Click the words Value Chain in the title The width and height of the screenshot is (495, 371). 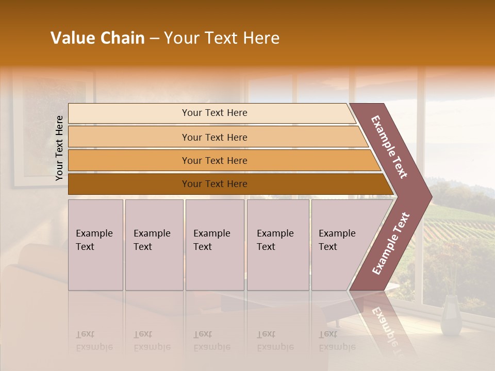[97, 38]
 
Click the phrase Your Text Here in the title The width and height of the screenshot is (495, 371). [222, 38]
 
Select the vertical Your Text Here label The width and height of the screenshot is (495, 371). [59, 148]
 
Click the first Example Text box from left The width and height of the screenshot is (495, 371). [95, 245]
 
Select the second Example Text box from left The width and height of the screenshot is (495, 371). [154, 245]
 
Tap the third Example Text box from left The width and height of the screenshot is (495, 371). [214, 245]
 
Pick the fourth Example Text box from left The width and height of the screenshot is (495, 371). [278, 245]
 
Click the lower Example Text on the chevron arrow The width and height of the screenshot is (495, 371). [391, 244]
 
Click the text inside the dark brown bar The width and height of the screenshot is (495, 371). [214, 184]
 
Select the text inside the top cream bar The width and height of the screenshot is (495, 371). [214, 113]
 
